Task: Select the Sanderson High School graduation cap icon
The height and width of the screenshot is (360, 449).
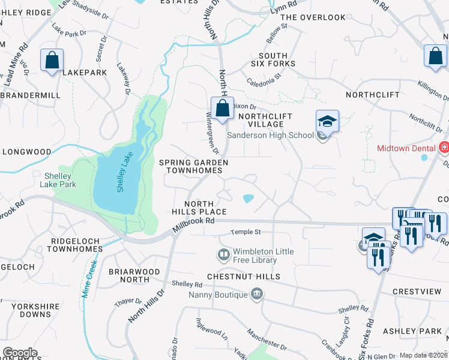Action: [x=328, y=121]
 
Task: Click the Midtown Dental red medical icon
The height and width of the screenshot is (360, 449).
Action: [x=444, y=148]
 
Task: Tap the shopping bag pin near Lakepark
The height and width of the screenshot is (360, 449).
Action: [x=52, y=60]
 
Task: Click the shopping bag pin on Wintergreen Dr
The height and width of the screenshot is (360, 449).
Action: [x=223, y=109]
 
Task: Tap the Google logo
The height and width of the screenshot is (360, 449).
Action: [x=20, y=352]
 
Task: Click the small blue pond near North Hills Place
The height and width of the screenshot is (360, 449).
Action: [x=247, y=198]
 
